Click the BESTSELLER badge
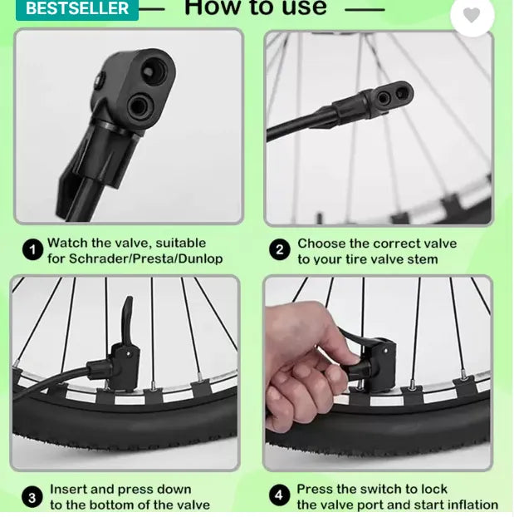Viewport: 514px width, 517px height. tap(77, 9)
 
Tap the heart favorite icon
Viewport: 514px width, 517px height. tap(472, 15)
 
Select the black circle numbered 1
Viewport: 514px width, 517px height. tap(32, 249)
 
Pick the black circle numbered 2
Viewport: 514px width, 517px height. tap(279, 249)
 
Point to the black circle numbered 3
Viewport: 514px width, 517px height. tap(32, 497)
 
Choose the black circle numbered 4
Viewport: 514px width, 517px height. tap(279, 495)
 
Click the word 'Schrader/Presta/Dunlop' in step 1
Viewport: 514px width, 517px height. tap(145, 258)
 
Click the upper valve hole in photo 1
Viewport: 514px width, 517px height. tap(154, 70)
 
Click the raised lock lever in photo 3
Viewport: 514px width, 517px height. tap(126, 320)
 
